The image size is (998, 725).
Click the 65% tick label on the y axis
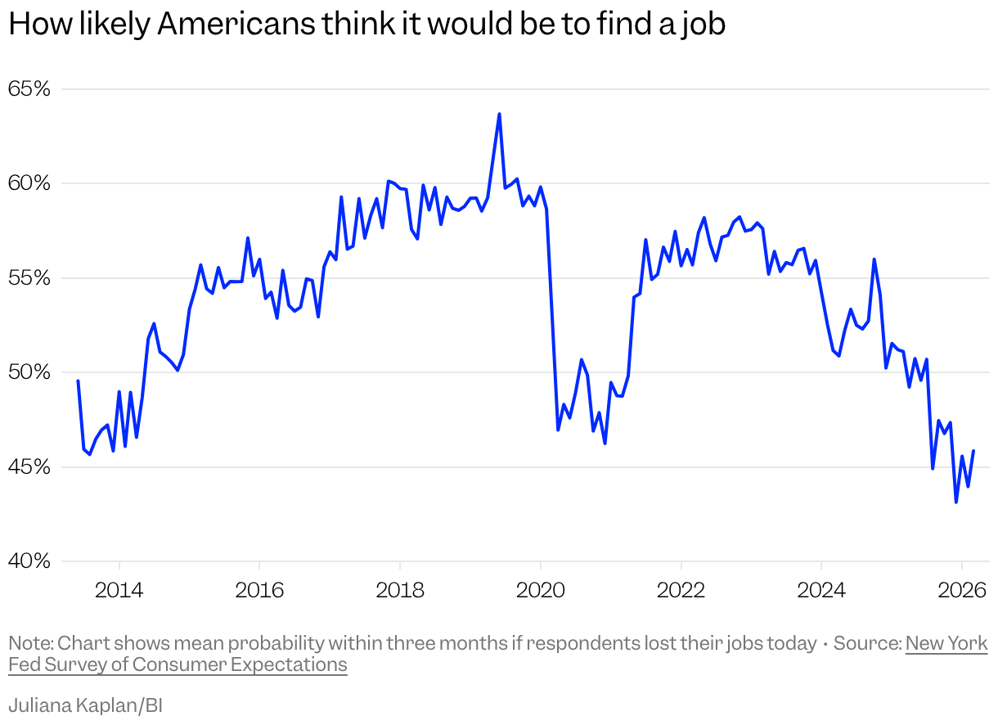pos(29,88)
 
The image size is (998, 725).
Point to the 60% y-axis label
pos(29,183)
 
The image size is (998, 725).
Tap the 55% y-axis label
pos(29,278)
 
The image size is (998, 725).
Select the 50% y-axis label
pos(29,372)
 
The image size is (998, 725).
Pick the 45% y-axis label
pos(29,467)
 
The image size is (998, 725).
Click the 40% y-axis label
pos(29,561)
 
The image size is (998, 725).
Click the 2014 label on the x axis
pos(119,590)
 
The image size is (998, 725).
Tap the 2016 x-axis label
pos(259,590)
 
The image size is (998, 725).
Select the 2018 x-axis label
pos(400,590)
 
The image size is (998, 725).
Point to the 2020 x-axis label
pos(541,590)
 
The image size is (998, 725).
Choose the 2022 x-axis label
pos(681,590)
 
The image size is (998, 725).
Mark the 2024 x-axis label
pos(821,590)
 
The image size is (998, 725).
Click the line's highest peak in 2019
pos(499,114)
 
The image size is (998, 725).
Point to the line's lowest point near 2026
pos(956,502)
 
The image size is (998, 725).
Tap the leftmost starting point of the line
pos(78,381)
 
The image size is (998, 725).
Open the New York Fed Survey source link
pos(946,643)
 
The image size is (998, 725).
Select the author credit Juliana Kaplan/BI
pos(85,705)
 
